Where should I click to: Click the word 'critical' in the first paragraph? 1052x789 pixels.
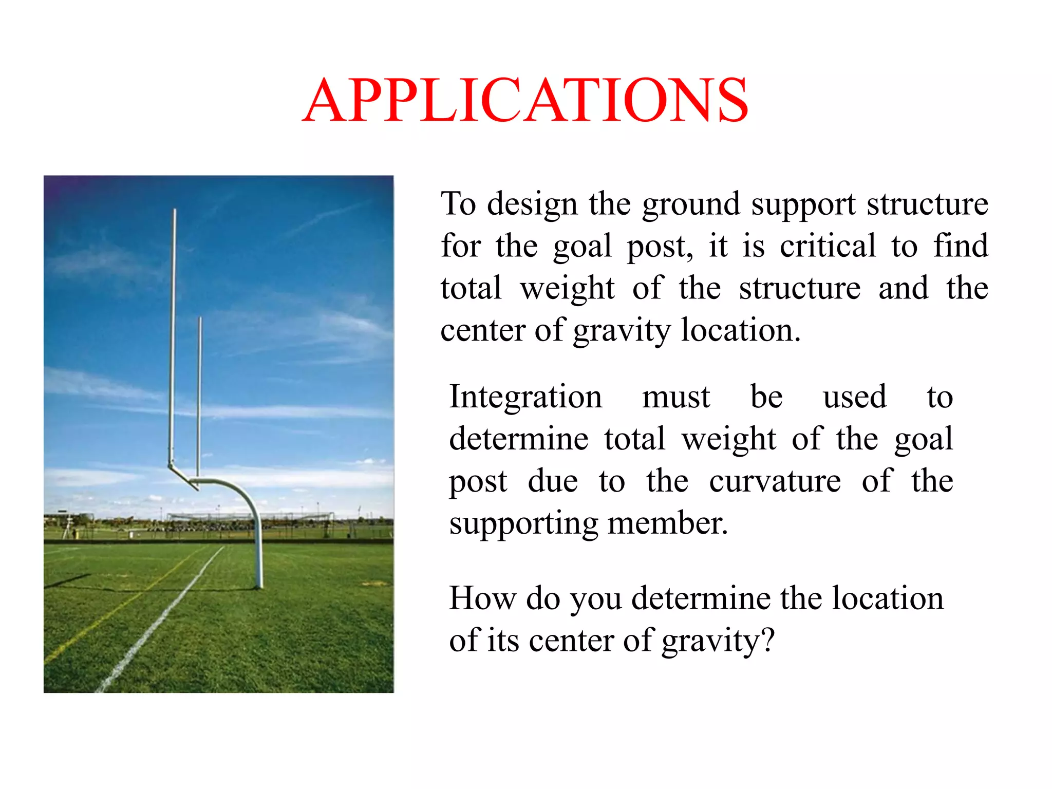[x=828, y=246]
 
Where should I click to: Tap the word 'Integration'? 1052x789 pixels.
[x=525, y=397]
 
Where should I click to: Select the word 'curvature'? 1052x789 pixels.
[x=775, y=481]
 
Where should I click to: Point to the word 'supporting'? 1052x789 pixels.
[x=523, y=524]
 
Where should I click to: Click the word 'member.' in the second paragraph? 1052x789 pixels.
[x=668, y=523]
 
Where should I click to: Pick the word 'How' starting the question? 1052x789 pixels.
[x=482, y=598]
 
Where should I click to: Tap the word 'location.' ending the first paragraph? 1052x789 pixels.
[x=740, y=330]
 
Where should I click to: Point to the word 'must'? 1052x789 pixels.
[x=676, y=397]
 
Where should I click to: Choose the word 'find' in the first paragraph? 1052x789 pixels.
[x=961, y=246]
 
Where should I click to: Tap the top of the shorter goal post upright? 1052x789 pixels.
[x=200, y=319]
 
